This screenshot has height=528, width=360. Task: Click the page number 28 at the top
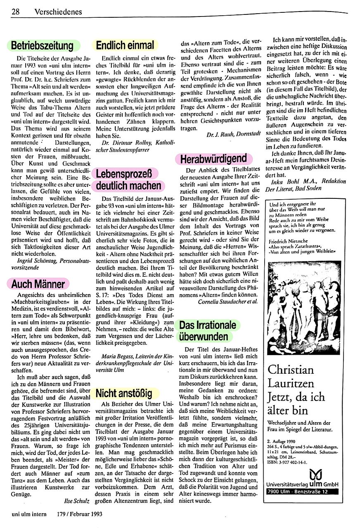tap(16, 12)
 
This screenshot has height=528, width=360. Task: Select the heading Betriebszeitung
tap(42, 45)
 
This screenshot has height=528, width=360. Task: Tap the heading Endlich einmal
tap(125, 45)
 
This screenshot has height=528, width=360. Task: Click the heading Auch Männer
tap(38, 284)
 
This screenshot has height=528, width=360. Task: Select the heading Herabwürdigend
tap(213, 158)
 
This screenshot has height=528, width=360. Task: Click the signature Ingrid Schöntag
tap(35, 261)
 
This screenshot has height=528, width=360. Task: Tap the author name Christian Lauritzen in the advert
tap(291, 375)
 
